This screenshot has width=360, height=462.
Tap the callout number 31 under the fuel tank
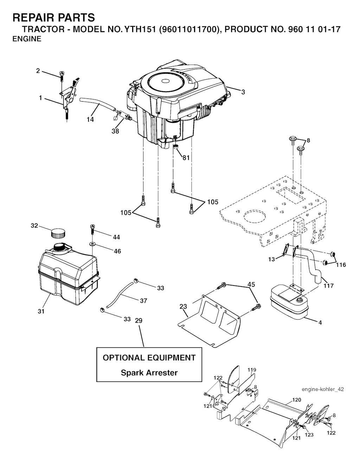coord(41,311)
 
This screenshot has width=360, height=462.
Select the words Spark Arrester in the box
coord(149,372)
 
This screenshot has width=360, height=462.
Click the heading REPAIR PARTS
coord(53,17)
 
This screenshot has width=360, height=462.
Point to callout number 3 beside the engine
coord(243,92)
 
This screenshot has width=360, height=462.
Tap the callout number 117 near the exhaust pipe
coord(329,285)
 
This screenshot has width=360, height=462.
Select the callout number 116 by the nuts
coord(341,265)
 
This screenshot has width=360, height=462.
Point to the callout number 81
coord(186,158)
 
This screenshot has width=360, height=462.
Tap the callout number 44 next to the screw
coord(116,237)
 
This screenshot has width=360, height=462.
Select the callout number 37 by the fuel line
coord(143,301)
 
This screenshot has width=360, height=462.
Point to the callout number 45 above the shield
coord(251,284)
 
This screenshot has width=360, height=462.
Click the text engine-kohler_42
coord(322,389)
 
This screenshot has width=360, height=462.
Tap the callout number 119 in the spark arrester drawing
coord(251,370)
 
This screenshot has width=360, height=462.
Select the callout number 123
coord(309,435)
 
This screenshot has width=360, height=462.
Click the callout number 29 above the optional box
coord(139,320)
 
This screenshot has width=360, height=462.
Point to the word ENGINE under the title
coord(27,39)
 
